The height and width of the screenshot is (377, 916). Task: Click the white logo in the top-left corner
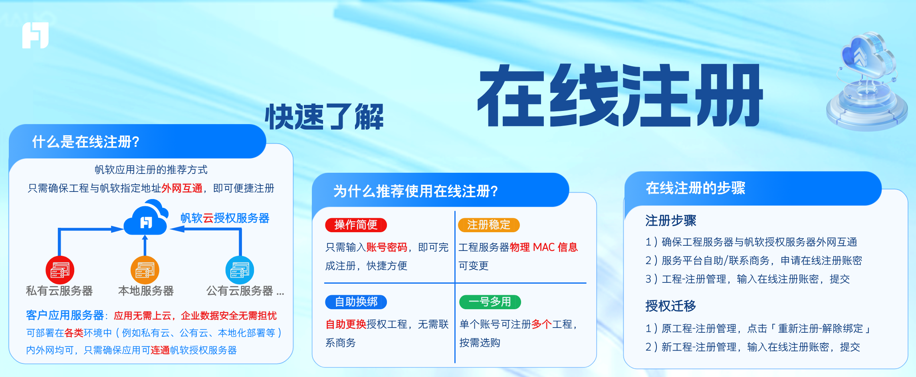pos(36,35)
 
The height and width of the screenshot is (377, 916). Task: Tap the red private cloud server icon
pos(60,270)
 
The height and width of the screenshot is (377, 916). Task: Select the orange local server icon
pos(145,270)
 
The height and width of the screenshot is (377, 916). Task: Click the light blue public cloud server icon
pos(240,270)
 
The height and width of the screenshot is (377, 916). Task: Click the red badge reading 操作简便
pos(356,225)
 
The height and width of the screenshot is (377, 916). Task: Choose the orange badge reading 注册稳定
pos(489,225)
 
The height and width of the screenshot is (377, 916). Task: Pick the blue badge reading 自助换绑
pos(356,302)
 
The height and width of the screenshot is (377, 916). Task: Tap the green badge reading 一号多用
pos(490,302)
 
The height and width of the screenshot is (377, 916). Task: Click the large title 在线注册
pos(620,96)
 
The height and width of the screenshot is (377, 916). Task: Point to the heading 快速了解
pos(324,117)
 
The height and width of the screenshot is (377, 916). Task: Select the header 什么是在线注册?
pos(86,142)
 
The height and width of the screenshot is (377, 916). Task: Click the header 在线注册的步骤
pos(696,188)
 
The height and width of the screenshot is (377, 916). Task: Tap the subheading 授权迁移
pos(670,306)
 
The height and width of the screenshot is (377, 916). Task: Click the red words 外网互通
pos(182,188)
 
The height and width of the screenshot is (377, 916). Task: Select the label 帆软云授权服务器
pos(225,218)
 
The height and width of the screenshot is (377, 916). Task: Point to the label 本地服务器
pos(146,291)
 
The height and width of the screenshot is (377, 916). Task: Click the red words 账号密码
pos(387,247)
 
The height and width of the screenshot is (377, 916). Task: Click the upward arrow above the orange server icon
pos(145,245)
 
